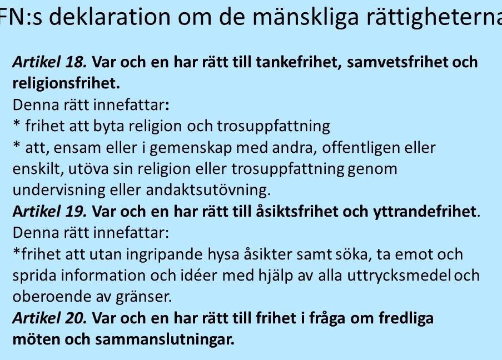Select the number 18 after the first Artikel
point(76,62)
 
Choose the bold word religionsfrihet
point(66,83)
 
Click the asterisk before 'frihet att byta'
point(17,124)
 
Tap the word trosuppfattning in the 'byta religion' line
point(274,127)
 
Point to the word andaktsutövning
point(208,190)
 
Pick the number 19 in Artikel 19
point(76,211)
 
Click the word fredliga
point(406,318)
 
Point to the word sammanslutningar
point(165,340)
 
